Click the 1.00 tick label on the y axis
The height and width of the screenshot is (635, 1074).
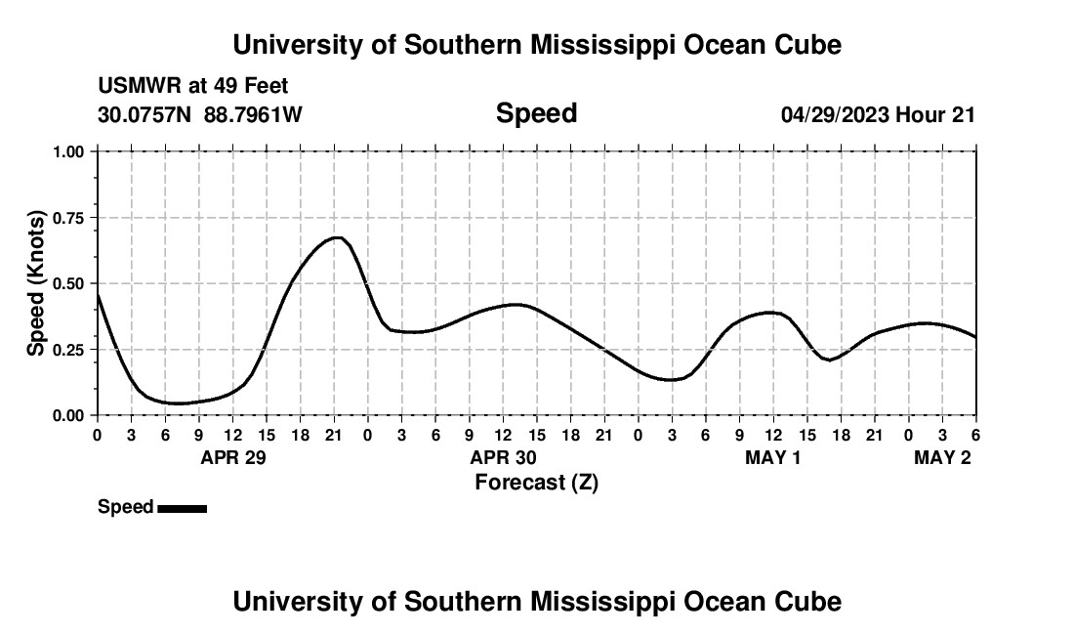point(71,151)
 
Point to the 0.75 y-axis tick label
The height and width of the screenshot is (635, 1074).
point(71,218)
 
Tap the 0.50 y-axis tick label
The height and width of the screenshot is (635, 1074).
point(71,283)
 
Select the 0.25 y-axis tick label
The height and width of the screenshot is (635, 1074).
point(71,350)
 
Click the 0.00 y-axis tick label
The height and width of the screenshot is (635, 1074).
point(71,415)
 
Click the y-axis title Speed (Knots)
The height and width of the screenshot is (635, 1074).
point(35,283)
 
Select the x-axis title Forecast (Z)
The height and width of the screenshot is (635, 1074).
point(536,482)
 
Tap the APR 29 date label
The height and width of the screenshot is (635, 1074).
point(233,457)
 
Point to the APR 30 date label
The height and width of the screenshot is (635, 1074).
point(504,457)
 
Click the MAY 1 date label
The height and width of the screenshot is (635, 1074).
point(772,457)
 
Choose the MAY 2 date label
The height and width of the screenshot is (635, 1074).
point(942,457)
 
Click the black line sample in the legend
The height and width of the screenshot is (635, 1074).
point(182,508)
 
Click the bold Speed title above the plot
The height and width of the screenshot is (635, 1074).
point(536,113)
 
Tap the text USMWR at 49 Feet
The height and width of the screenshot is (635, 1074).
point(192,86)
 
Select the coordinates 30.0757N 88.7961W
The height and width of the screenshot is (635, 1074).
point(200,114)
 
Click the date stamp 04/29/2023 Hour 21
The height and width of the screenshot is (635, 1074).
point(878,114)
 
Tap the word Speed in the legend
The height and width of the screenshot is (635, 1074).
point(125,507)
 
